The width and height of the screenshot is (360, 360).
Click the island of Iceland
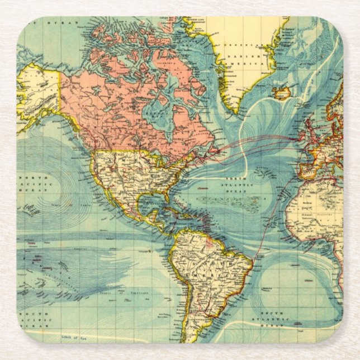coord(282,93)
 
